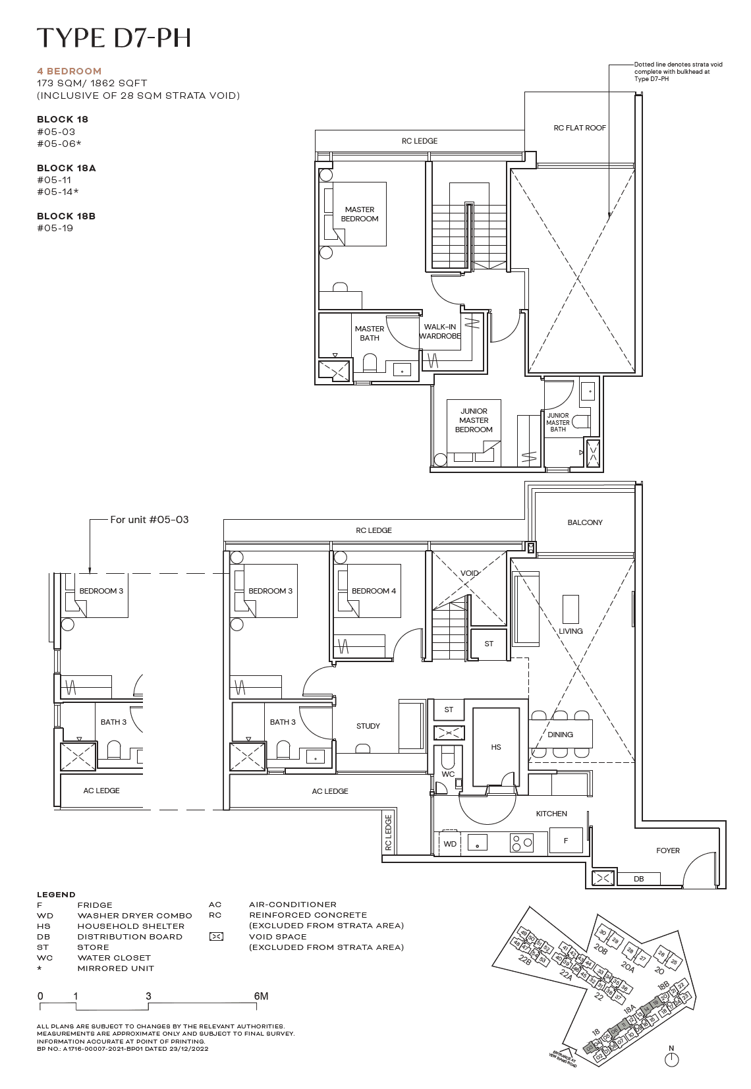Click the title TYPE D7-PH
point(114,38)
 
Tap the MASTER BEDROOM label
point(360,214)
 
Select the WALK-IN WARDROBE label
point(440,331)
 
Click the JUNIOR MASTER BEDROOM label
point(474,420)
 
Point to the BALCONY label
point(585,522)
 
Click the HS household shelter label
point(496,747)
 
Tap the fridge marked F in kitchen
point(566,841)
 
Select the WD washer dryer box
point(450,844)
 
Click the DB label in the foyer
point(638,879)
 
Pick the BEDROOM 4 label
point(374,591)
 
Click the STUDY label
point(368,726)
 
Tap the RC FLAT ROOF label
point(580,128)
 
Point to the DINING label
point(560,735)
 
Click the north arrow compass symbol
point(672,1059)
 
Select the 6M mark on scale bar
point(261,996)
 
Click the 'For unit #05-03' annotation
point(149,520)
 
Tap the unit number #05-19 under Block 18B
point(55,228)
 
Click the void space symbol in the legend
point(215,937)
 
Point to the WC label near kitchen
point(448,774)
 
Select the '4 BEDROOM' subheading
point(69,71)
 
